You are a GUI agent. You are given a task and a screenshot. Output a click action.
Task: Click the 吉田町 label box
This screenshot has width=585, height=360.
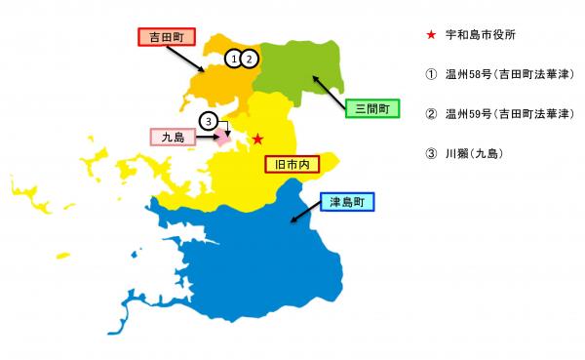166,37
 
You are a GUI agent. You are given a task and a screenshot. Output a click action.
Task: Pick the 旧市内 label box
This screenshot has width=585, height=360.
293,164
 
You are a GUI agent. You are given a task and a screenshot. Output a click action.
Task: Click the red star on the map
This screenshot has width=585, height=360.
257,140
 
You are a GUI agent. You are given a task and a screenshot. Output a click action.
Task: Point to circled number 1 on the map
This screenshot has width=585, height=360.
234,59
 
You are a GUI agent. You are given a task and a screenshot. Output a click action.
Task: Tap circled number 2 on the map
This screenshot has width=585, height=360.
250,59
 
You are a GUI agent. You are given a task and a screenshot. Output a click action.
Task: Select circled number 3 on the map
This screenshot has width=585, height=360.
208,121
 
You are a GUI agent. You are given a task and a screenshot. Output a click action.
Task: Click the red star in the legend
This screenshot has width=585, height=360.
431,35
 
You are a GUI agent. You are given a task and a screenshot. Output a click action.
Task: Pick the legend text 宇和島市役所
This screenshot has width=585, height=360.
480,35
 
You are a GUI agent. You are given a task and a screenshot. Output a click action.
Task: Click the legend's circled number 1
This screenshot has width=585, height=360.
431,74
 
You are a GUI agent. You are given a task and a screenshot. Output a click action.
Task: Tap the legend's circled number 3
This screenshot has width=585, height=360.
431,153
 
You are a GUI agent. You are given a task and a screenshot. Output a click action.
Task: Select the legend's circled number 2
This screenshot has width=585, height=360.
431,114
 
